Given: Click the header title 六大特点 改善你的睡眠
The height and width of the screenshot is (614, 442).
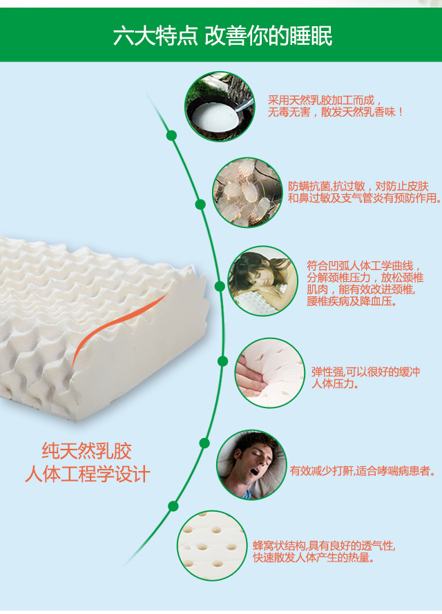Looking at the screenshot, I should [222, 37].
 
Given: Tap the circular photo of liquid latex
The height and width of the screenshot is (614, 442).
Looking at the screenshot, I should [219, 106].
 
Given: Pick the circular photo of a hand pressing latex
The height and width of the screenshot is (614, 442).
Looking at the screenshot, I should [269, 373].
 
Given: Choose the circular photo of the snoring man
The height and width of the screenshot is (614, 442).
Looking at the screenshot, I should [251, 465].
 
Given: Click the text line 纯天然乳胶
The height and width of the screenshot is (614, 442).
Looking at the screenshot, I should [86, 452].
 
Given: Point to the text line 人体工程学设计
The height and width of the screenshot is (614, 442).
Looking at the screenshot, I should [86, 475].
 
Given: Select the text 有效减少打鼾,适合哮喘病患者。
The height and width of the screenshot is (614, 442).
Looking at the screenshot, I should [363, 471].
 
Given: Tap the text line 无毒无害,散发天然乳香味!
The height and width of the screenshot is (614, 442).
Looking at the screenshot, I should [336, 111].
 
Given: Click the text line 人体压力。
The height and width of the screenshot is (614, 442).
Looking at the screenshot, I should [336, 383].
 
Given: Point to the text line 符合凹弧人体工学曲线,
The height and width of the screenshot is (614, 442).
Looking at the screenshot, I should [364, 265].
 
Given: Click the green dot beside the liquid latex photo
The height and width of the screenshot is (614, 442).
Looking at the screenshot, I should [171, 135].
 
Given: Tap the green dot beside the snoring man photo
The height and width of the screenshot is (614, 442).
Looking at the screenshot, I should [204, 443].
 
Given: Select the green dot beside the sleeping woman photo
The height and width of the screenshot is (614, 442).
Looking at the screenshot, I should [220, 286].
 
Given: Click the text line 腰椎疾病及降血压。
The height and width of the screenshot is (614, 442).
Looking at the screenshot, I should [352, 301].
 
